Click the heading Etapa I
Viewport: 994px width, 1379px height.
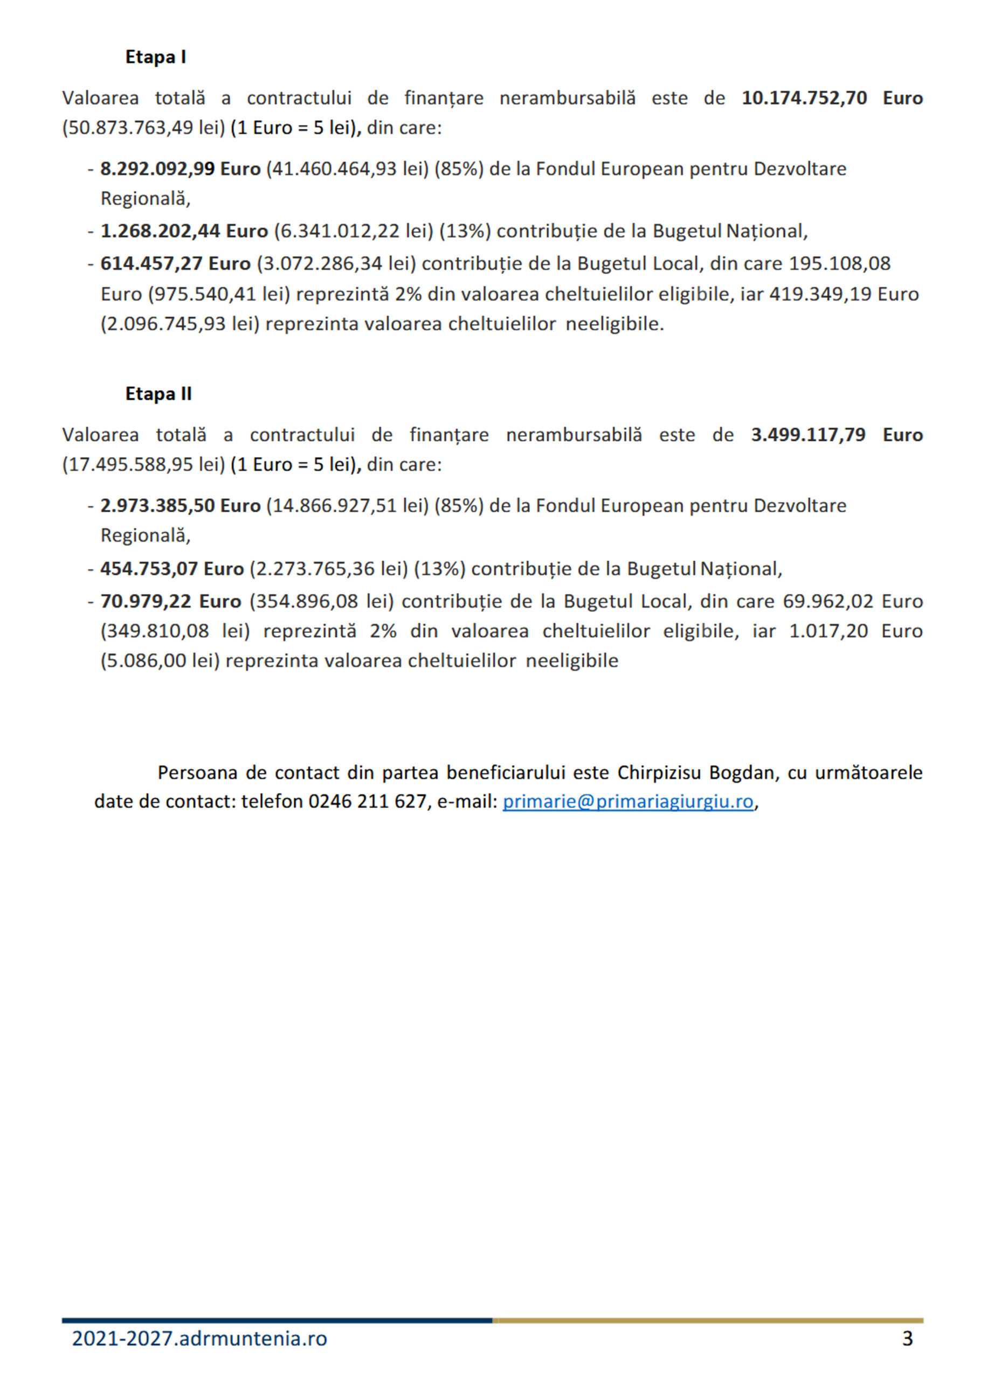coord(155,57)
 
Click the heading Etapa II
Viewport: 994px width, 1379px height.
coord(158,394)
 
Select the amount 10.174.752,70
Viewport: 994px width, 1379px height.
coord(804,98)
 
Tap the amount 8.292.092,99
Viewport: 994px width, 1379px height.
coord(157,169)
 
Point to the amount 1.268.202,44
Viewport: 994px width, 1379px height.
coord(160,231)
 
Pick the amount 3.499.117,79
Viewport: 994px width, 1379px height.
coord(808,435)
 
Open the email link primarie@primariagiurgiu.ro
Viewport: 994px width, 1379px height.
coord(628,802)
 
